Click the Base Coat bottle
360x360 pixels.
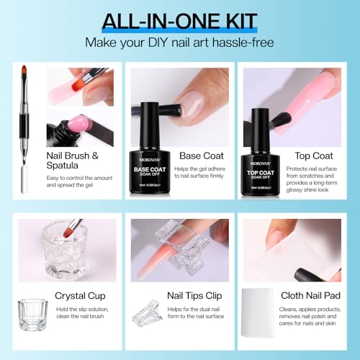[154, 155]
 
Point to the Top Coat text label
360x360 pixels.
[314, 155]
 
